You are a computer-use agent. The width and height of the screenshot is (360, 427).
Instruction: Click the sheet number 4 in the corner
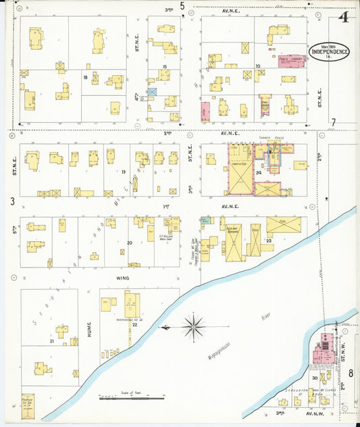(x=344, y=17)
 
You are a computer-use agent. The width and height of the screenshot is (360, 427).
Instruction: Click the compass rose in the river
(x=194, y=328)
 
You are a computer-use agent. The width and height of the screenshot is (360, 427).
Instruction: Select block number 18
(x=85, y=78)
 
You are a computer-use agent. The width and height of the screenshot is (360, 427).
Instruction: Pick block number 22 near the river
(x=134, y=326)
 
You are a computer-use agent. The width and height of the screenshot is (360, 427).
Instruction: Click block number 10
(x=257, y=66)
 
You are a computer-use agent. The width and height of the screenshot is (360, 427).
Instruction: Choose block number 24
(x=259, y=172)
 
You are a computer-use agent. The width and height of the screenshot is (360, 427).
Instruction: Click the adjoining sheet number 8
(x=351, y=372)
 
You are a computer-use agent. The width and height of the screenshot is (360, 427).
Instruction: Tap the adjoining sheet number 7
(x=333, y=122)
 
